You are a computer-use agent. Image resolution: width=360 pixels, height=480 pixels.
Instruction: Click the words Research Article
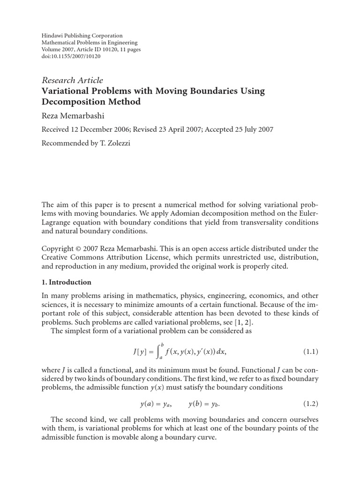click(73, 80)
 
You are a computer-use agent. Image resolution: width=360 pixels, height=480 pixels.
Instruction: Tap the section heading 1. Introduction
click(67, 282)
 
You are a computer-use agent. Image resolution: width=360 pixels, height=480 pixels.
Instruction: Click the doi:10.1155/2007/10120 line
click(71, 56)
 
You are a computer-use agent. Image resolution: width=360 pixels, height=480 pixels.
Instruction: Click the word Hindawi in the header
click(52, 36)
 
